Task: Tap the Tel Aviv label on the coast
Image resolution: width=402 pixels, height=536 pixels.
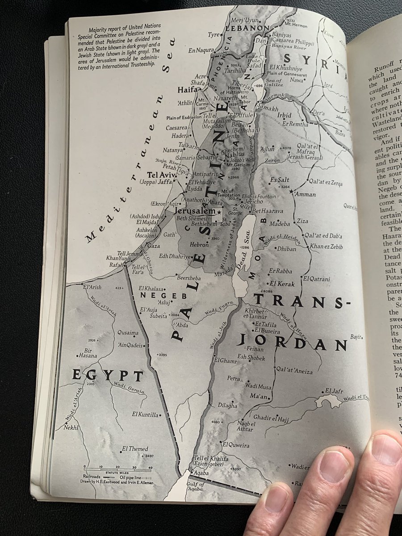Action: click(x=159, y=175)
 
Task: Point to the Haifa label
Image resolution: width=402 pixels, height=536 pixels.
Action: click(x=187, y=90)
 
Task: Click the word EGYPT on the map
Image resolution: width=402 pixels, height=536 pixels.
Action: click(x=108, y=375)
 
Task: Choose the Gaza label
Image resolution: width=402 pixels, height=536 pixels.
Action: click(x=153, y=246)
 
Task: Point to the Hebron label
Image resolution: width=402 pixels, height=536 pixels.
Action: click(x=199, y=245)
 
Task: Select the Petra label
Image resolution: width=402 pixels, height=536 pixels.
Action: click(x=234, y=378)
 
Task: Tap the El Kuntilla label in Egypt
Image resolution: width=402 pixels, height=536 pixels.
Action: click(x=146, y=415)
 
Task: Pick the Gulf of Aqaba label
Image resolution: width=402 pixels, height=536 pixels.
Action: click(x=196, y=487)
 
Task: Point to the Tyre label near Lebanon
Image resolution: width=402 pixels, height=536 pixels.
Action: click(x=214, y=35)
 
